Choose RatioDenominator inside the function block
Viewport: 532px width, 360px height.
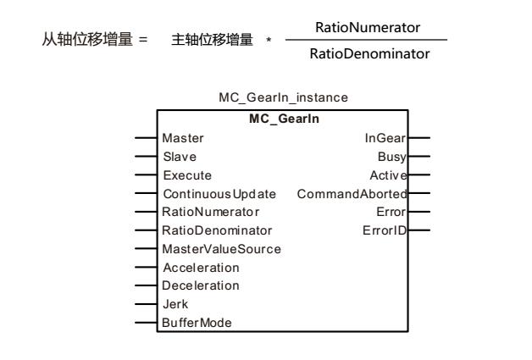tap(208, 230)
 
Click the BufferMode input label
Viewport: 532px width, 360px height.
tap(191, 322)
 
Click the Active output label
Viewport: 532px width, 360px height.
tap(391, 174)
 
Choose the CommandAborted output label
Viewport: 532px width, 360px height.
tap(352, 193)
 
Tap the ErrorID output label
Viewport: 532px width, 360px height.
tap(389, 230)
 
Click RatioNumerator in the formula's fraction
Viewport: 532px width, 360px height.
tap(367, 28)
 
